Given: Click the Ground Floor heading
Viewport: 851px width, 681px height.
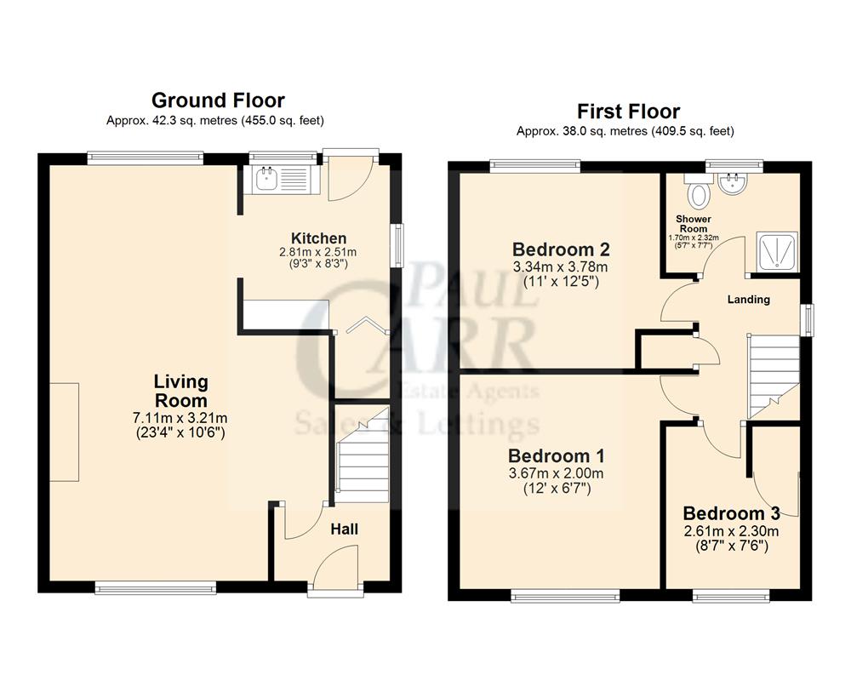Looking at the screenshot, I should [x=218, y=100].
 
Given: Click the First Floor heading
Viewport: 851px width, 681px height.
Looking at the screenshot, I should [x=628, y=112].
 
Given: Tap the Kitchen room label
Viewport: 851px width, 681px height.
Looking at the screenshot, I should [x=318, y=238].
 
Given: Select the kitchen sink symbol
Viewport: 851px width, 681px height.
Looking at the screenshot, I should [x=266, y=180].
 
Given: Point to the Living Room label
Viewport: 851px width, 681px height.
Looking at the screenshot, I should [x=180, y=392].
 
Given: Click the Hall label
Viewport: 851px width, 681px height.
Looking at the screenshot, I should [x=344, y=529].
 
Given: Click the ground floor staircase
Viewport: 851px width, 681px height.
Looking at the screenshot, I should [x=359, y=460].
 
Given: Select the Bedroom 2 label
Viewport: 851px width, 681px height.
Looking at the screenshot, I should [x=561, y=250].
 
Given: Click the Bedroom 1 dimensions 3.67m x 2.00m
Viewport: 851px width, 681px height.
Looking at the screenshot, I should [x=556, y=473].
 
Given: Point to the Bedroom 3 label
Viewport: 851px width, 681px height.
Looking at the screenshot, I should [x=731, y=514].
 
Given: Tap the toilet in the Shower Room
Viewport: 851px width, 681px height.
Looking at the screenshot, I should [x=699, y=194].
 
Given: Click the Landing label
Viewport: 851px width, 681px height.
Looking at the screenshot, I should [x=749, y=300].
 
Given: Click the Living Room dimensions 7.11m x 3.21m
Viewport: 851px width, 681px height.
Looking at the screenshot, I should [x=180, y=417].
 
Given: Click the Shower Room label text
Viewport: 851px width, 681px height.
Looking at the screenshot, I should [x=694, y=224].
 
